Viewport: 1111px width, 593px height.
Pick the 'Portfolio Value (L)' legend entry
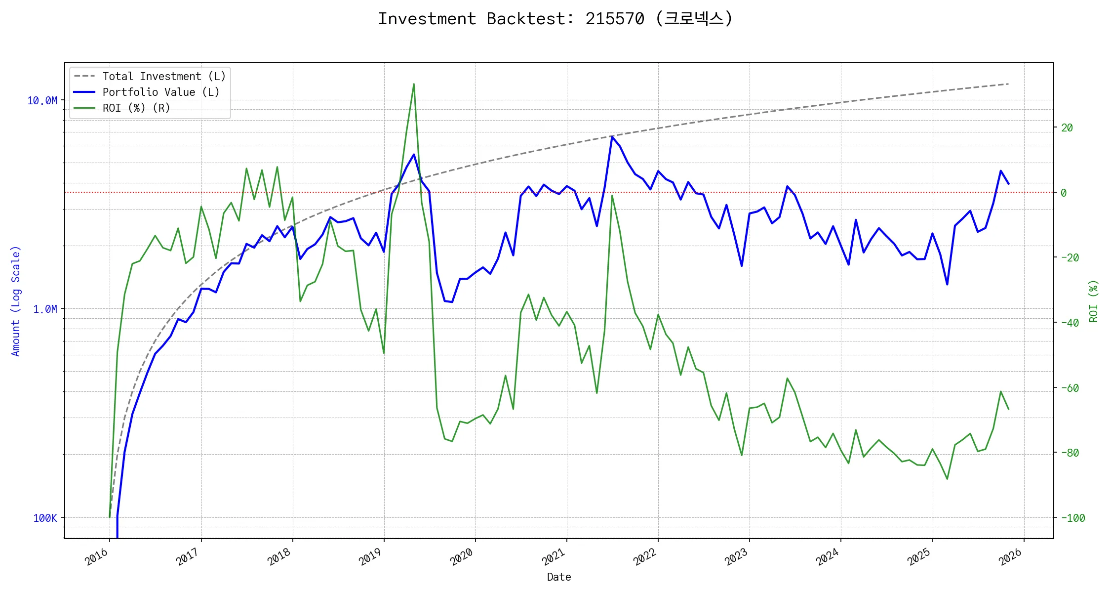tap(160, 92)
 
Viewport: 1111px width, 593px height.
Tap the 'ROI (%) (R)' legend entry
tap(136, 108)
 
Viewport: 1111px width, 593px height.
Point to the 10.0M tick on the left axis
tap(42, 101)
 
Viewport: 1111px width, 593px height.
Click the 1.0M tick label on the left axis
tap(45, 309)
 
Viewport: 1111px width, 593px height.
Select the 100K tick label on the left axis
tap(45, 518)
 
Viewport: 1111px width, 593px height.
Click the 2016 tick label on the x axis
tap(97, 557)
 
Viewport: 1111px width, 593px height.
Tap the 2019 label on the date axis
tap(370, 557)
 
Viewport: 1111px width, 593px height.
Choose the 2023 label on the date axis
tap(736, 557)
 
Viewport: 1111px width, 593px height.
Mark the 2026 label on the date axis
tap(1010, 557)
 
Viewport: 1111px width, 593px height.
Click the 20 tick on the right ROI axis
tap(1067, 128)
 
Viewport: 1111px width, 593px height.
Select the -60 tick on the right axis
tap(1070, 388)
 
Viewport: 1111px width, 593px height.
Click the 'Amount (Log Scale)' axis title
tap(16, 301)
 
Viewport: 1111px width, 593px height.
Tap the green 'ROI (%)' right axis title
tap(1093, 301)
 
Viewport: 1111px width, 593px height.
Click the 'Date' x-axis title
tap(559, 577)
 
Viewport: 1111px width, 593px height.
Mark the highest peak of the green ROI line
tap(414, 84)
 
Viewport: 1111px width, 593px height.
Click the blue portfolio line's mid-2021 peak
tap(612, 137)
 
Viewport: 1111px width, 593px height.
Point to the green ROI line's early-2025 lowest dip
tap(947, 479)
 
